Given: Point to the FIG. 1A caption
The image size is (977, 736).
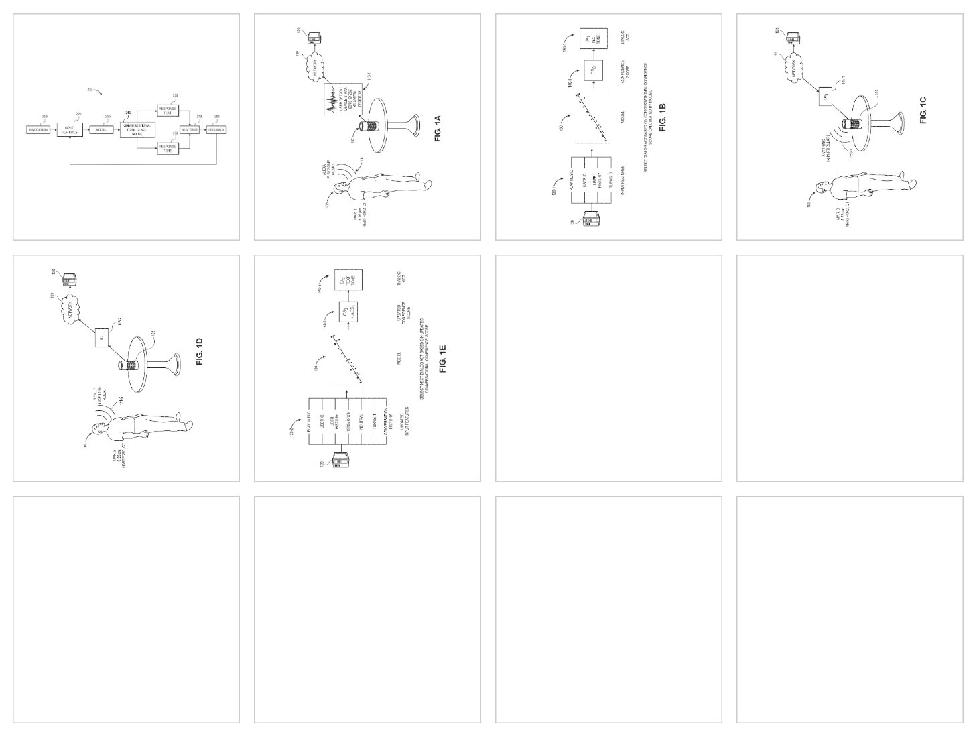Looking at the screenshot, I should pos(438,129).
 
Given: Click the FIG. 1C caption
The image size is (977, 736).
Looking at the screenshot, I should pos(923,109).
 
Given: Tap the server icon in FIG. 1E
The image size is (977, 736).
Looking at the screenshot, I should pos(341,461).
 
